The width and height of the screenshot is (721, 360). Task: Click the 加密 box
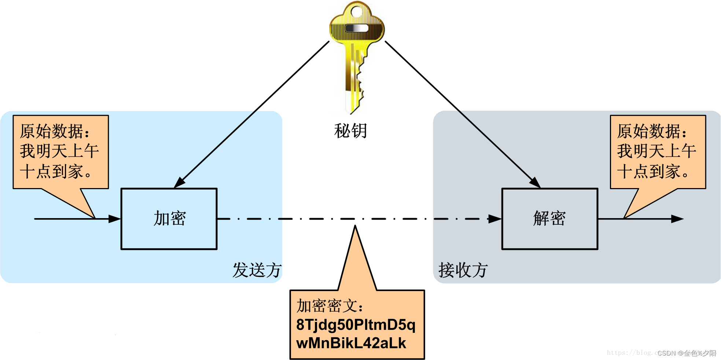169,219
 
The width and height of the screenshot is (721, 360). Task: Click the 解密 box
549,219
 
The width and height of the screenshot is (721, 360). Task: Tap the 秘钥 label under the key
350,131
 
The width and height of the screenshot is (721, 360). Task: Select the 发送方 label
257,271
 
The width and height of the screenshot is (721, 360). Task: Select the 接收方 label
463,271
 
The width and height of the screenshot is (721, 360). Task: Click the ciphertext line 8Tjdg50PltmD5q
356,325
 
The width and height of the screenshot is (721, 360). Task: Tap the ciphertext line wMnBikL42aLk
351,343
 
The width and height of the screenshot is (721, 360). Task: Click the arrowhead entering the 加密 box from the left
115,219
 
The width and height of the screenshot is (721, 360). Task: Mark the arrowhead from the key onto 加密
180,182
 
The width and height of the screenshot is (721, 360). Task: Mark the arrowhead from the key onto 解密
534,182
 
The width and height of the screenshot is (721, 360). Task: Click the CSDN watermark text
687,353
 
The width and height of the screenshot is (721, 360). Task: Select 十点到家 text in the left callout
55,172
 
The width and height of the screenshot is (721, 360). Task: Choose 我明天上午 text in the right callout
656,151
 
